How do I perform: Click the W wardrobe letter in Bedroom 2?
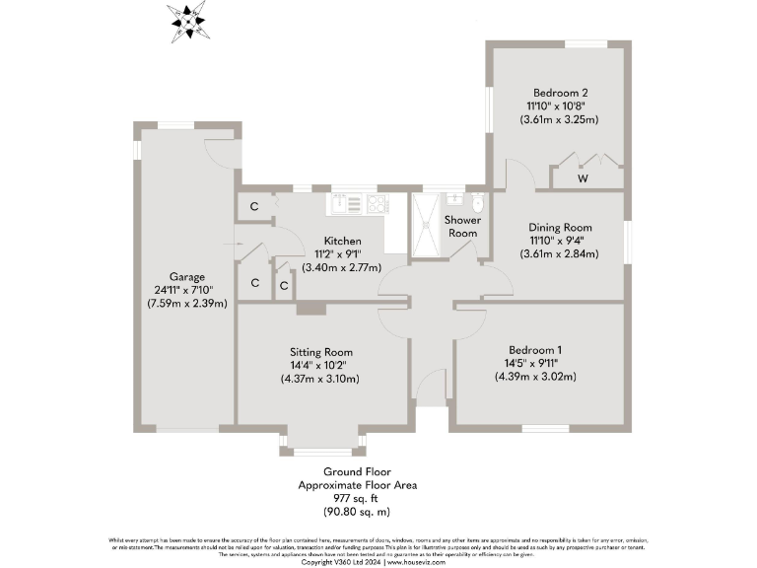pos(584,178)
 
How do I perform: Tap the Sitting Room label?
pos(320,352)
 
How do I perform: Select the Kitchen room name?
pos(343,241)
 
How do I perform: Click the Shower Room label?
pos(461,227)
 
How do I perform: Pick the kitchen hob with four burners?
pos(377,203)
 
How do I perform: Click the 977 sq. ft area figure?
pos(357,499)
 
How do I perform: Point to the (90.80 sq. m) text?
pos(357,512)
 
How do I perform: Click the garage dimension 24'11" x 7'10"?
pos(184,290)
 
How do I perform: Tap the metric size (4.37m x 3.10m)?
pos(320,379)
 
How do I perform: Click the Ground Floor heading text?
pos(357,472)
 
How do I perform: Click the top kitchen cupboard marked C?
pos(254,207)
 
